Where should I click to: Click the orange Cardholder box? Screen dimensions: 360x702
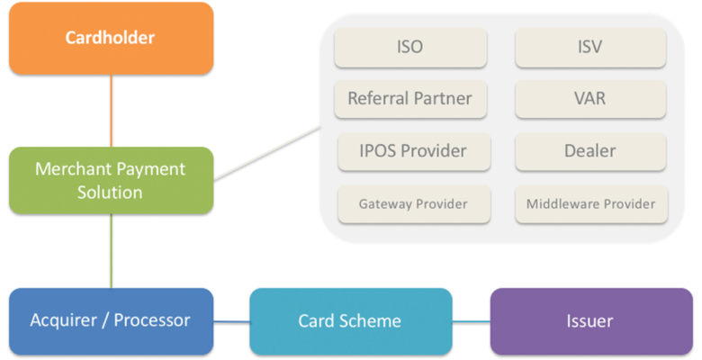point(111,38)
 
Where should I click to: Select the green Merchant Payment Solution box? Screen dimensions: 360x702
point(111,180)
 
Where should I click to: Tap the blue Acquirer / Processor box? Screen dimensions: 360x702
point(111,320)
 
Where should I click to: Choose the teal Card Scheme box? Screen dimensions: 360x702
point(350,320)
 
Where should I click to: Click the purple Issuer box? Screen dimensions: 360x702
point(589,320)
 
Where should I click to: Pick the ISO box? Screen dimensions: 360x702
point(410,48)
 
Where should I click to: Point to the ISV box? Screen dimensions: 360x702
point(590,48)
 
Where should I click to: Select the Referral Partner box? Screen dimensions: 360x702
point(410,99)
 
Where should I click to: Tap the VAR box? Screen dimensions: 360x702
point(590,99)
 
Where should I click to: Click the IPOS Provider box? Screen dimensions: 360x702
point(414,151)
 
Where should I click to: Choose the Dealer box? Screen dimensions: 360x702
point(590,151)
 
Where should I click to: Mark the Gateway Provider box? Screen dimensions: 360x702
point(414,204)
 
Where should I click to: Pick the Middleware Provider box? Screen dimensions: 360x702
point(590,204)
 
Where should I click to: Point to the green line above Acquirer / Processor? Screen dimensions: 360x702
point(112,251)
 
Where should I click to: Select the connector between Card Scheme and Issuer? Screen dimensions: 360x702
point(471,321)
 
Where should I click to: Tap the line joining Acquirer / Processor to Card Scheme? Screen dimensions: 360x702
point(231,321)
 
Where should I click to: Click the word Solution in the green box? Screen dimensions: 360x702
point(111,193)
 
